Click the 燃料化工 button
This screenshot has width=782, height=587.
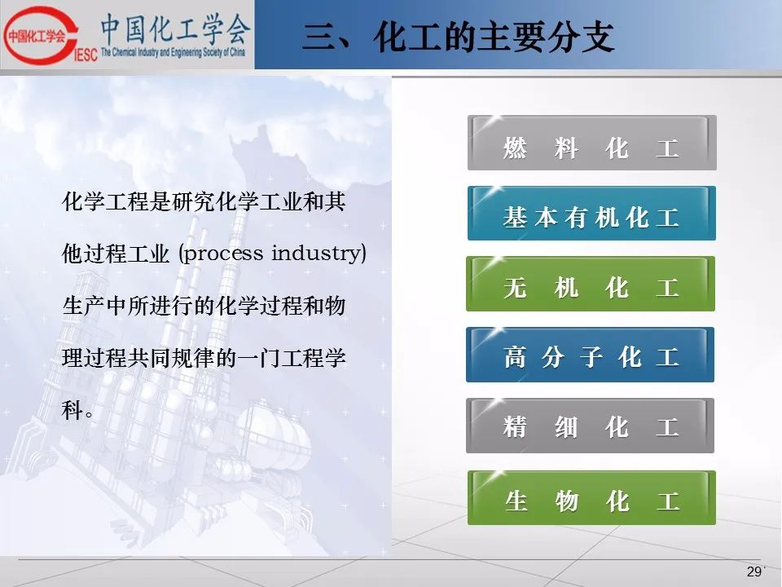[592, 143]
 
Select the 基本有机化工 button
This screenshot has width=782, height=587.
[591, 213]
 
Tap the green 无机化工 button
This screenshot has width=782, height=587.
[591, 284]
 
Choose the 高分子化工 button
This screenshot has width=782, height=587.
[590, 355]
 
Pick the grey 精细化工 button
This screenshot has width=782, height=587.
[590, 426]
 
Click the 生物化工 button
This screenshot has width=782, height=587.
[591, 497]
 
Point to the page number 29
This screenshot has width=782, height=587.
[754, 572]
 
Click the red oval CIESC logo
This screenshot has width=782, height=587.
[40, 35]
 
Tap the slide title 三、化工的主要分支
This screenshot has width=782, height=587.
[458, 37]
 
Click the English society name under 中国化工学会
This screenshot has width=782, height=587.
[173, 52]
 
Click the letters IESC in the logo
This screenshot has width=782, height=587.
[86, 55]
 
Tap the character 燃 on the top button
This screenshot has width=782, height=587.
[515, 148]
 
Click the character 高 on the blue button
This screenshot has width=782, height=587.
[515, 357]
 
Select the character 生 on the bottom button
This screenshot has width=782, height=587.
[516, 501]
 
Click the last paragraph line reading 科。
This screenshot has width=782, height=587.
[77, 410]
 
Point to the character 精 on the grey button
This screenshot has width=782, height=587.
[515, 427]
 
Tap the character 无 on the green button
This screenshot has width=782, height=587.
[515, 288]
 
